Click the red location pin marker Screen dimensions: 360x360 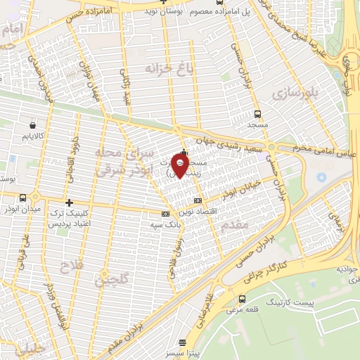(180, 166)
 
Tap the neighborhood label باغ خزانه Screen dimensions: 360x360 (168, 68)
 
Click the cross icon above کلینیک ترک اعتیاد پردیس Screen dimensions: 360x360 (68, 202)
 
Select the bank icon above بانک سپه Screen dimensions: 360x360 (166, 212)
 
